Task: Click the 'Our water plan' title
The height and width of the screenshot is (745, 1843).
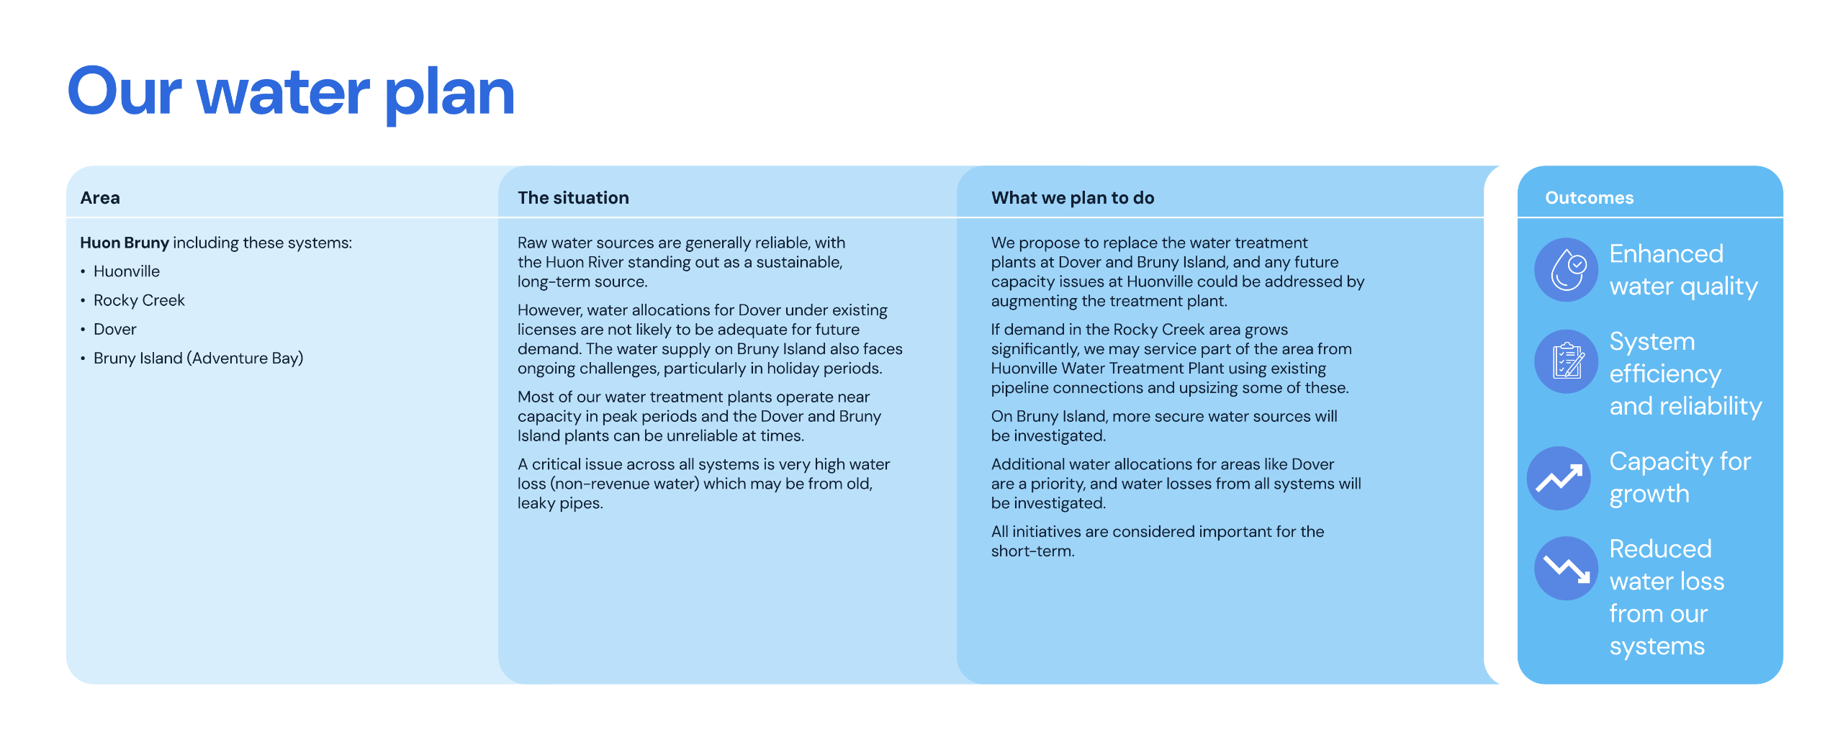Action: [291, 92]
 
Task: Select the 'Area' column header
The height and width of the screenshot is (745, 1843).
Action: [100, 198]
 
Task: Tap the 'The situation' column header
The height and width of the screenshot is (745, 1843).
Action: [573, 198]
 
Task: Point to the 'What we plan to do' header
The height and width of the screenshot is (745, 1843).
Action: [1072, 198]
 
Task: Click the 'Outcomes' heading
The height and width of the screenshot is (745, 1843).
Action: [1589, 198]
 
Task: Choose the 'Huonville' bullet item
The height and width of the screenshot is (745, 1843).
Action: [127, 271]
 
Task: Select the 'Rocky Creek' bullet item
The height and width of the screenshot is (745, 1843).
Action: [139, 300]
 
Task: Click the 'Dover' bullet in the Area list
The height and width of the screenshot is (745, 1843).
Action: [115, 329]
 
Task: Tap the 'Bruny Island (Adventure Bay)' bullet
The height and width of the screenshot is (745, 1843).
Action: [198, 358]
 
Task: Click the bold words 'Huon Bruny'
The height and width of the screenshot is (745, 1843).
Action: [125, 243]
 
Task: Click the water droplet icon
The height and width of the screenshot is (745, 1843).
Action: [1566, 270]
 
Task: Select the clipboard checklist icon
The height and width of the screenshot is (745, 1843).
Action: [1566, 361]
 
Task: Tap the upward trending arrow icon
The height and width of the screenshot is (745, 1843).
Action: [1559, 478]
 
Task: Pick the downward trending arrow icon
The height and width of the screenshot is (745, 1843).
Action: [1566, 569]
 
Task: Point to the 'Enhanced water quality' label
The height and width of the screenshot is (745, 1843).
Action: [1683, 270]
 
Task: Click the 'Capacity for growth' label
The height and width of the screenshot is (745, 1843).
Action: [1680, 477]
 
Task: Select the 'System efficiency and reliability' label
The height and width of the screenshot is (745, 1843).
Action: [1685, 374]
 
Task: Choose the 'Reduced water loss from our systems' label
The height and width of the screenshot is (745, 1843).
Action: [1667, 597]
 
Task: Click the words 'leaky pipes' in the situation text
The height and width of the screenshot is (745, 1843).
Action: [559, 503]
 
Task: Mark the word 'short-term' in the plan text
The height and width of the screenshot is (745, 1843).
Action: [1031, 551]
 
